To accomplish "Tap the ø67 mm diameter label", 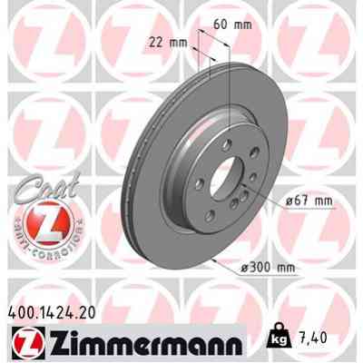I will tap(296, 201).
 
